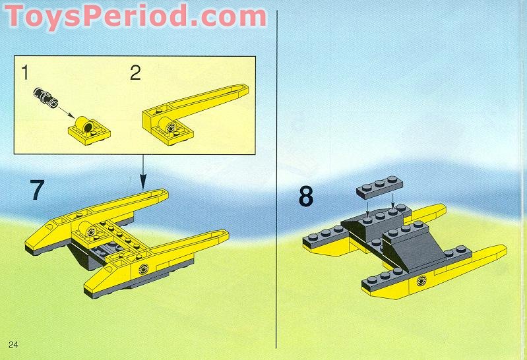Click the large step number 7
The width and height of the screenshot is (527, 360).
[x=38, y=190]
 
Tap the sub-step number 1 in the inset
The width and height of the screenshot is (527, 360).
[x=25, y=73]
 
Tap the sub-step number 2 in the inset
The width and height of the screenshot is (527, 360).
[x=135, y=73]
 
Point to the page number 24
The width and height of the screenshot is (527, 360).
[x=13, y=345]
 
